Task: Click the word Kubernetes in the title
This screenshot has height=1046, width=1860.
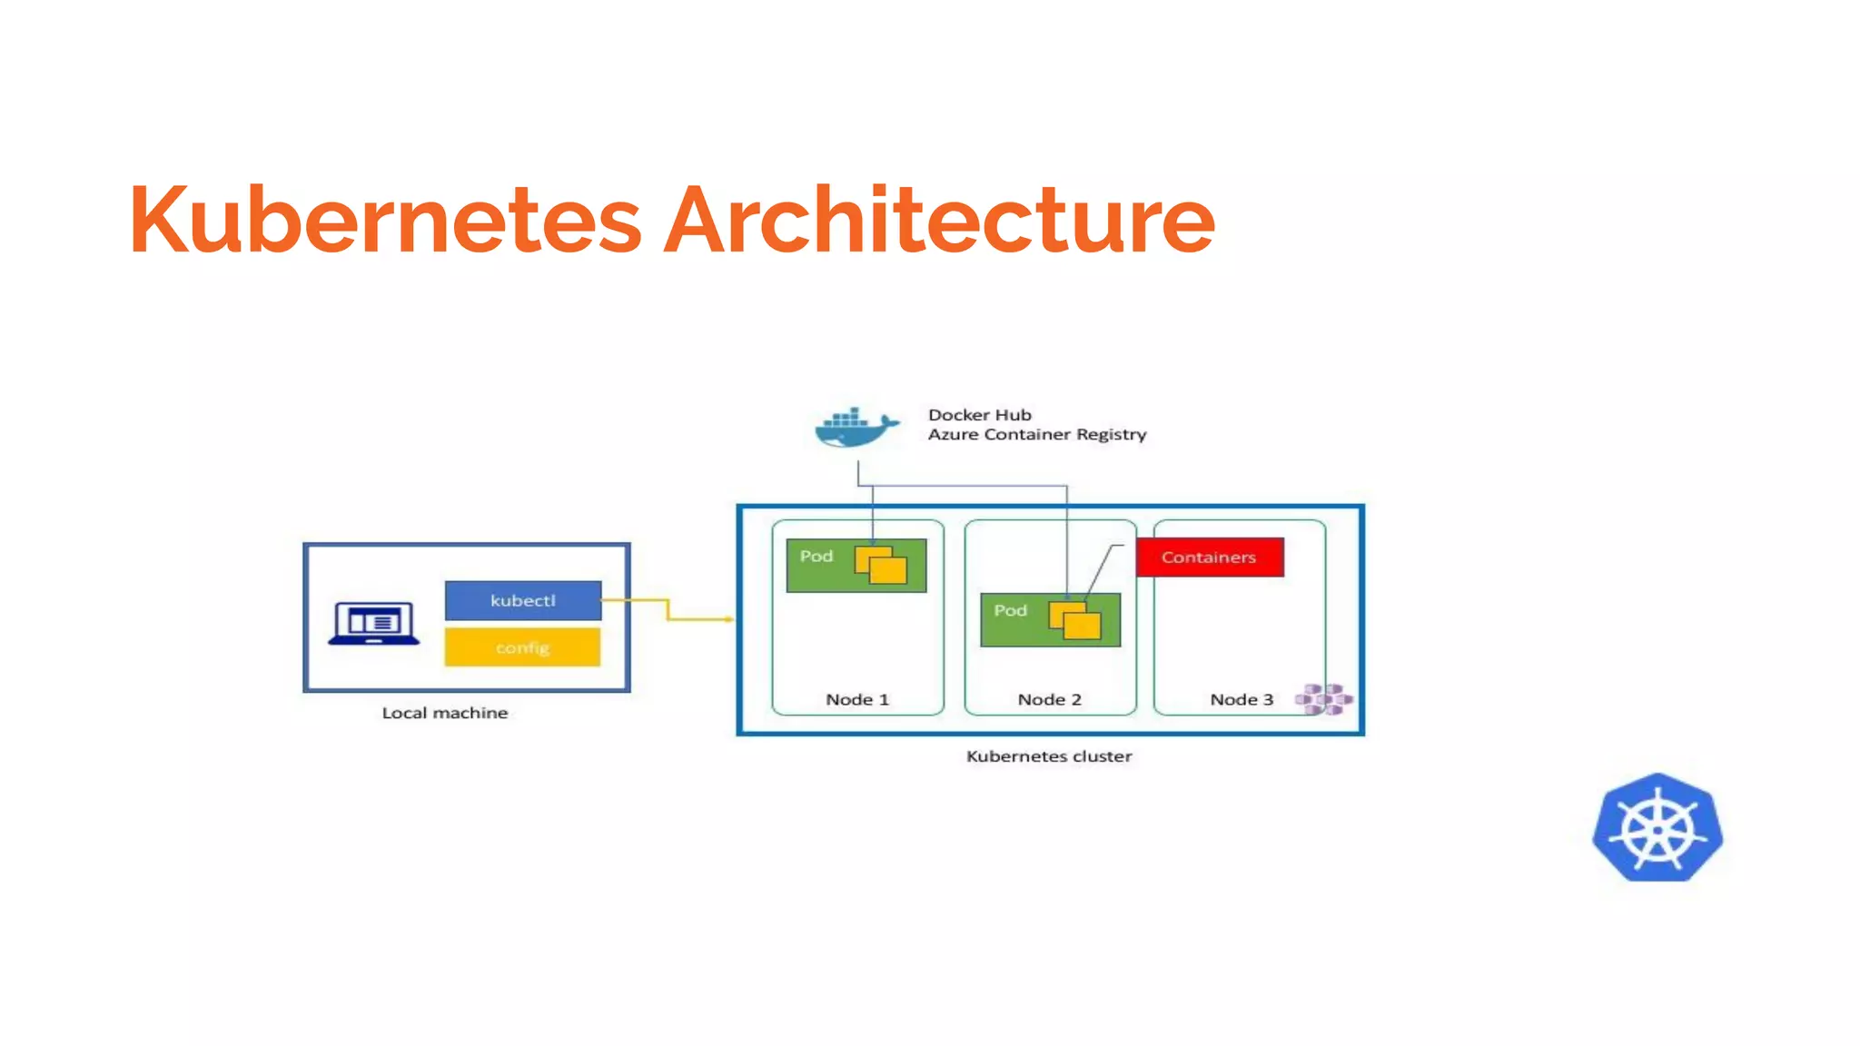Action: tap(385, 220)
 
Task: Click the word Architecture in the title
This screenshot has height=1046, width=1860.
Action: tap(939, 220)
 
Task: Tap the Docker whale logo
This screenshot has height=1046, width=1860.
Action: tap(855, 428)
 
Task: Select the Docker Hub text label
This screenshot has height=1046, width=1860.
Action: tap(979, 415)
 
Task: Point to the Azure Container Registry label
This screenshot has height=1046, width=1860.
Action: tap(1036, 435)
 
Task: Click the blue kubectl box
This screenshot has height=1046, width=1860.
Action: tap(522, 600)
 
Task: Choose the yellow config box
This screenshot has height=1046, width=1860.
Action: tap(522, 647)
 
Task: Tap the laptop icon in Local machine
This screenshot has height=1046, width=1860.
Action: tap(374, 623)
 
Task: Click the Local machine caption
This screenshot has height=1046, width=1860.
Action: tap(444, 713)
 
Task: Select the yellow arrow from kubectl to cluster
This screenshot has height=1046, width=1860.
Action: tap(668, 610)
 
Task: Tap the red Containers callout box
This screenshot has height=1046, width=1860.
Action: tap(1209, 558)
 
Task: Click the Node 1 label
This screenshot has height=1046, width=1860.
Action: tap(856, 699)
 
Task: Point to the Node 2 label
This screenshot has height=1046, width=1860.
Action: tap(1049, 699)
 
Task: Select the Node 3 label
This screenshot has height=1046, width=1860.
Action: tap(1241, 699)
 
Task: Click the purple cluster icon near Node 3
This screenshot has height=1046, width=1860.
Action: tap(1323, 699)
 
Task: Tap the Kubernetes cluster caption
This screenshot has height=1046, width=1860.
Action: tap(1049, 756)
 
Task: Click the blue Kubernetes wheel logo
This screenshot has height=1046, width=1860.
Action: tap(1657, 828)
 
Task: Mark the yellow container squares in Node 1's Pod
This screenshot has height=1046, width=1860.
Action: tap(881, 565)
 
